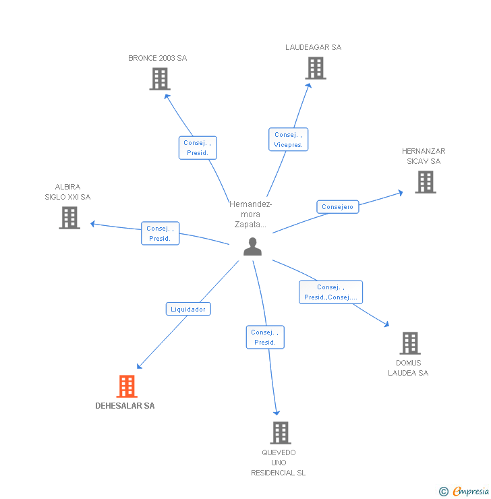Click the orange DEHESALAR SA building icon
(x=127, y=386)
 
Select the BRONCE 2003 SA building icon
(x=159, y=79)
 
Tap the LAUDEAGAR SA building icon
(x=315, y=68)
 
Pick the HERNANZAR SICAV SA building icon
(x=425, y=182)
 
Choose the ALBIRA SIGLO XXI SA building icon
(x=69, y=218)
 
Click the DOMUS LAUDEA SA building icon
(x=409, y=343)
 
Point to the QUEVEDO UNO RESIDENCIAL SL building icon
(x=280, y=433)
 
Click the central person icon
(x=252, y=247)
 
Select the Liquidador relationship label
(x=189, y=309)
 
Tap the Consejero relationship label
(x=337, y=207)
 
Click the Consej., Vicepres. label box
(x=288, y=140)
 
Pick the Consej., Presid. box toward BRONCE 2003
(x=198, y=148)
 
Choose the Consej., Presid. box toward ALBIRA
(x=160, y=233)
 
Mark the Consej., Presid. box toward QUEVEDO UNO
(x=265, y=337)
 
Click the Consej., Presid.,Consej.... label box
(x=330, y=292)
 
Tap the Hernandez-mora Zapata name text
(x=250, y=214)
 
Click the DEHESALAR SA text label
(x=125, y=406)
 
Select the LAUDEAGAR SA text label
(x=313, y=47)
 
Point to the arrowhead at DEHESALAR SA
(x=139, y=367)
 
